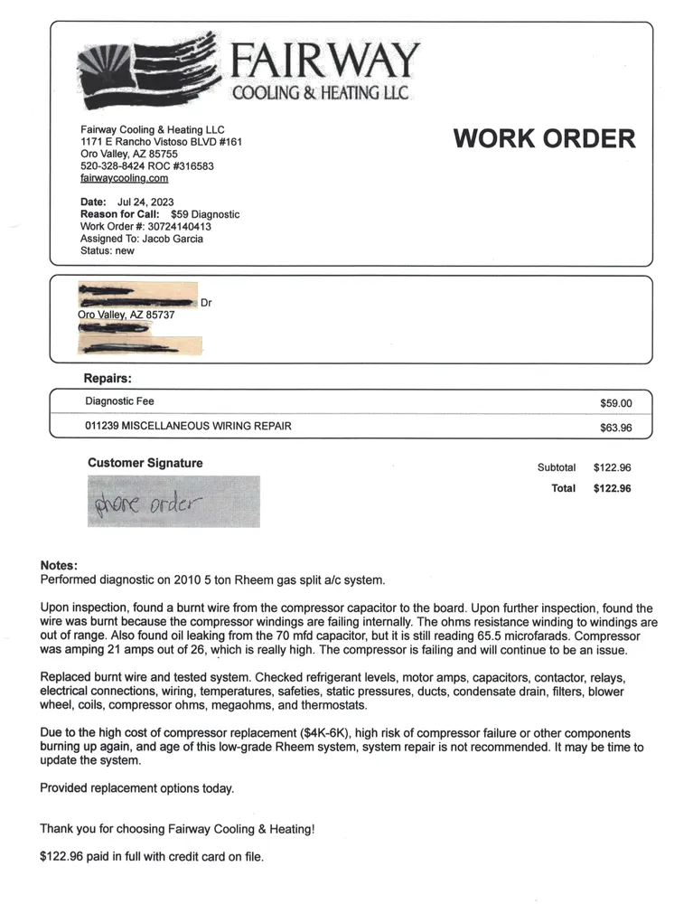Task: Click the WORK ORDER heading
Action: (x=544, y=138)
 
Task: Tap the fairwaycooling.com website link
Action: (x=124, y=179)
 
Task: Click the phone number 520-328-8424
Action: (x=110, y=166)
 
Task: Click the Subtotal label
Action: (x=556, y=467)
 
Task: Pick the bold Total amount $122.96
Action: (x=612, y=488)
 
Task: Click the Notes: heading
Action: (x=60, y=565)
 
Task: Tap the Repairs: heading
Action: (x=108, y=378)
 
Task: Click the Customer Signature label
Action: (x=145, y=463)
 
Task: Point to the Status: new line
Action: (x=107, y=250)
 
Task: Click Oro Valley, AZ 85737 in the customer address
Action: (x=126, y=315)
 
